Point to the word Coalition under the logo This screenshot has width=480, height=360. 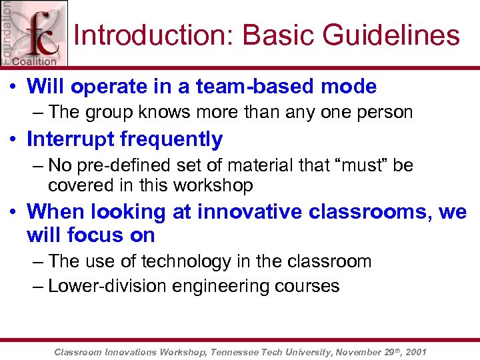[37, 62]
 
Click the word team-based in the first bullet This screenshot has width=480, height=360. [251, 87]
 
